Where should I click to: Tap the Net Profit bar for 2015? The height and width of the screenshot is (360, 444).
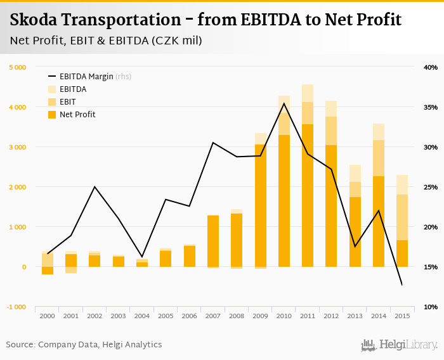(402, 253)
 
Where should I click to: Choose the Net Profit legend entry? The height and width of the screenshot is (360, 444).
(77, 114)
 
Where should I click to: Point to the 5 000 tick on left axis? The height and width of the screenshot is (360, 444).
(17, 67)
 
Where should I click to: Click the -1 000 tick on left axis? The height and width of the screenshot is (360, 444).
(17, 307)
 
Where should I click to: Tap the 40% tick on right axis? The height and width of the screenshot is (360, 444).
(430, 67)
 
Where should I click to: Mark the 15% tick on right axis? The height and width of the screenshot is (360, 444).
(430, 267)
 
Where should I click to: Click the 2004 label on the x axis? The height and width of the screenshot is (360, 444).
(142, 316)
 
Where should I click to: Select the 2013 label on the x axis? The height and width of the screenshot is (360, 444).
(355, 316)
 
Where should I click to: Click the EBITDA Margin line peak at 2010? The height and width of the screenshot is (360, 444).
(284, 103)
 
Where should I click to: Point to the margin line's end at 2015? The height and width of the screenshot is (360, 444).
(402, 285)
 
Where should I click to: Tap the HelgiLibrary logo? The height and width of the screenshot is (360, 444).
(400, 345)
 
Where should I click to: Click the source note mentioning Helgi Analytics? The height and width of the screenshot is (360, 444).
(84, 344)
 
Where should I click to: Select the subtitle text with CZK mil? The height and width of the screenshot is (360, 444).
(106, 41)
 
